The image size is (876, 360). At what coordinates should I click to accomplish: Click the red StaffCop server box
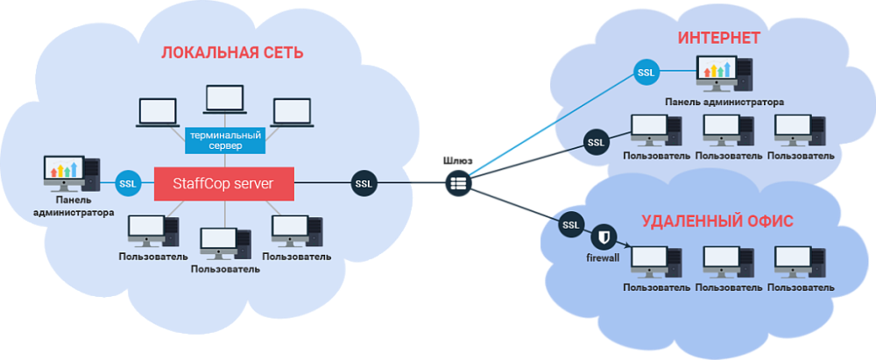click(x=224, y=183)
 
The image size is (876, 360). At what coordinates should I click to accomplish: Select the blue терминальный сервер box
click(x=225, y=140)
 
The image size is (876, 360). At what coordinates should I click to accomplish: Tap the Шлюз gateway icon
click(x=459, y=183)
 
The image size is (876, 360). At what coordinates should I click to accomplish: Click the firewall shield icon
click(x=604, y=237)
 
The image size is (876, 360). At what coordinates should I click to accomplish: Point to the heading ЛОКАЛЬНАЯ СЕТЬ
click(x=232, y=53)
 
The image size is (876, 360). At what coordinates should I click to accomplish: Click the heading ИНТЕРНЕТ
click(x=719, y=38)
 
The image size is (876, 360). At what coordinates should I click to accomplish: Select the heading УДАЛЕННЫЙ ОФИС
click(x=717, y=221)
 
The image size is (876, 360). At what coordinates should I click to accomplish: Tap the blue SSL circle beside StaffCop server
click(x=129, y=184)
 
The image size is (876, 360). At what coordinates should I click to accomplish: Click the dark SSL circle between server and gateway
click(x=364, y=183)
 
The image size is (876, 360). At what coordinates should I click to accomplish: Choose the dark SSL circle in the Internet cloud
click(x=596, y=142)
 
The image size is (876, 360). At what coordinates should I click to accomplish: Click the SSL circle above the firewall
click(x=571, y=225)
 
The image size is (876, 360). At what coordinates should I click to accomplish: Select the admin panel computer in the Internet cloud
click(x=724, y=74)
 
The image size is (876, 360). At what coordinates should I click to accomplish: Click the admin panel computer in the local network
click(x=72, y=174)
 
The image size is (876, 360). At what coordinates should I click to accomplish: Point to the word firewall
click(x=603, y=258)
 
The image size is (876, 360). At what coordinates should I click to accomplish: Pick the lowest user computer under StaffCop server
click(x=225, y=244)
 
